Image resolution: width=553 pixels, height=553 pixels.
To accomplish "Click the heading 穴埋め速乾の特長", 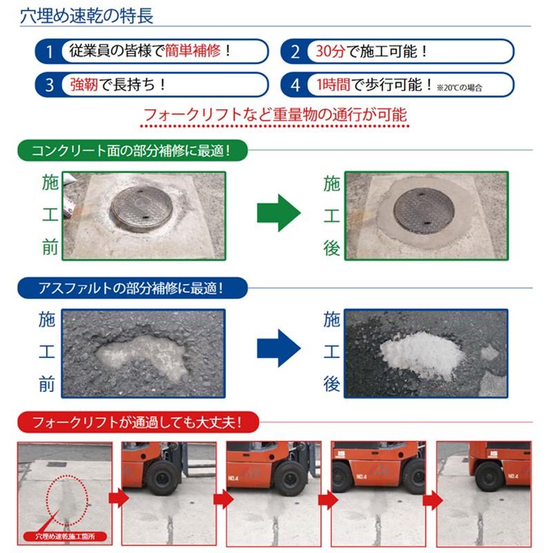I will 86,15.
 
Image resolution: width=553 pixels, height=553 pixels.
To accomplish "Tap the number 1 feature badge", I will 49,51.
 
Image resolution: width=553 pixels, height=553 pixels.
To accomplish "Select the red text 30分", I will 330,51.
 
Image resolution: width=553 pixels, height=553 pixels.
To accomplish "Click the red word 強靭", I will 83,85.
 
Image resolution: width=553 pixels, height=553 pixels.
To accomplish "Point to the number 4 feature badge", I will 296,85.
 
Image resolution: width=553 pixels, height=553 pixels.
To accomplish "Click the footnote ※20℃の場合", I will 459,88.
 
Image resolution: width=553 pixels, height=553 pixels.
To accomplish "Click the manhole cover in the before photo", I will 141,209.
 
